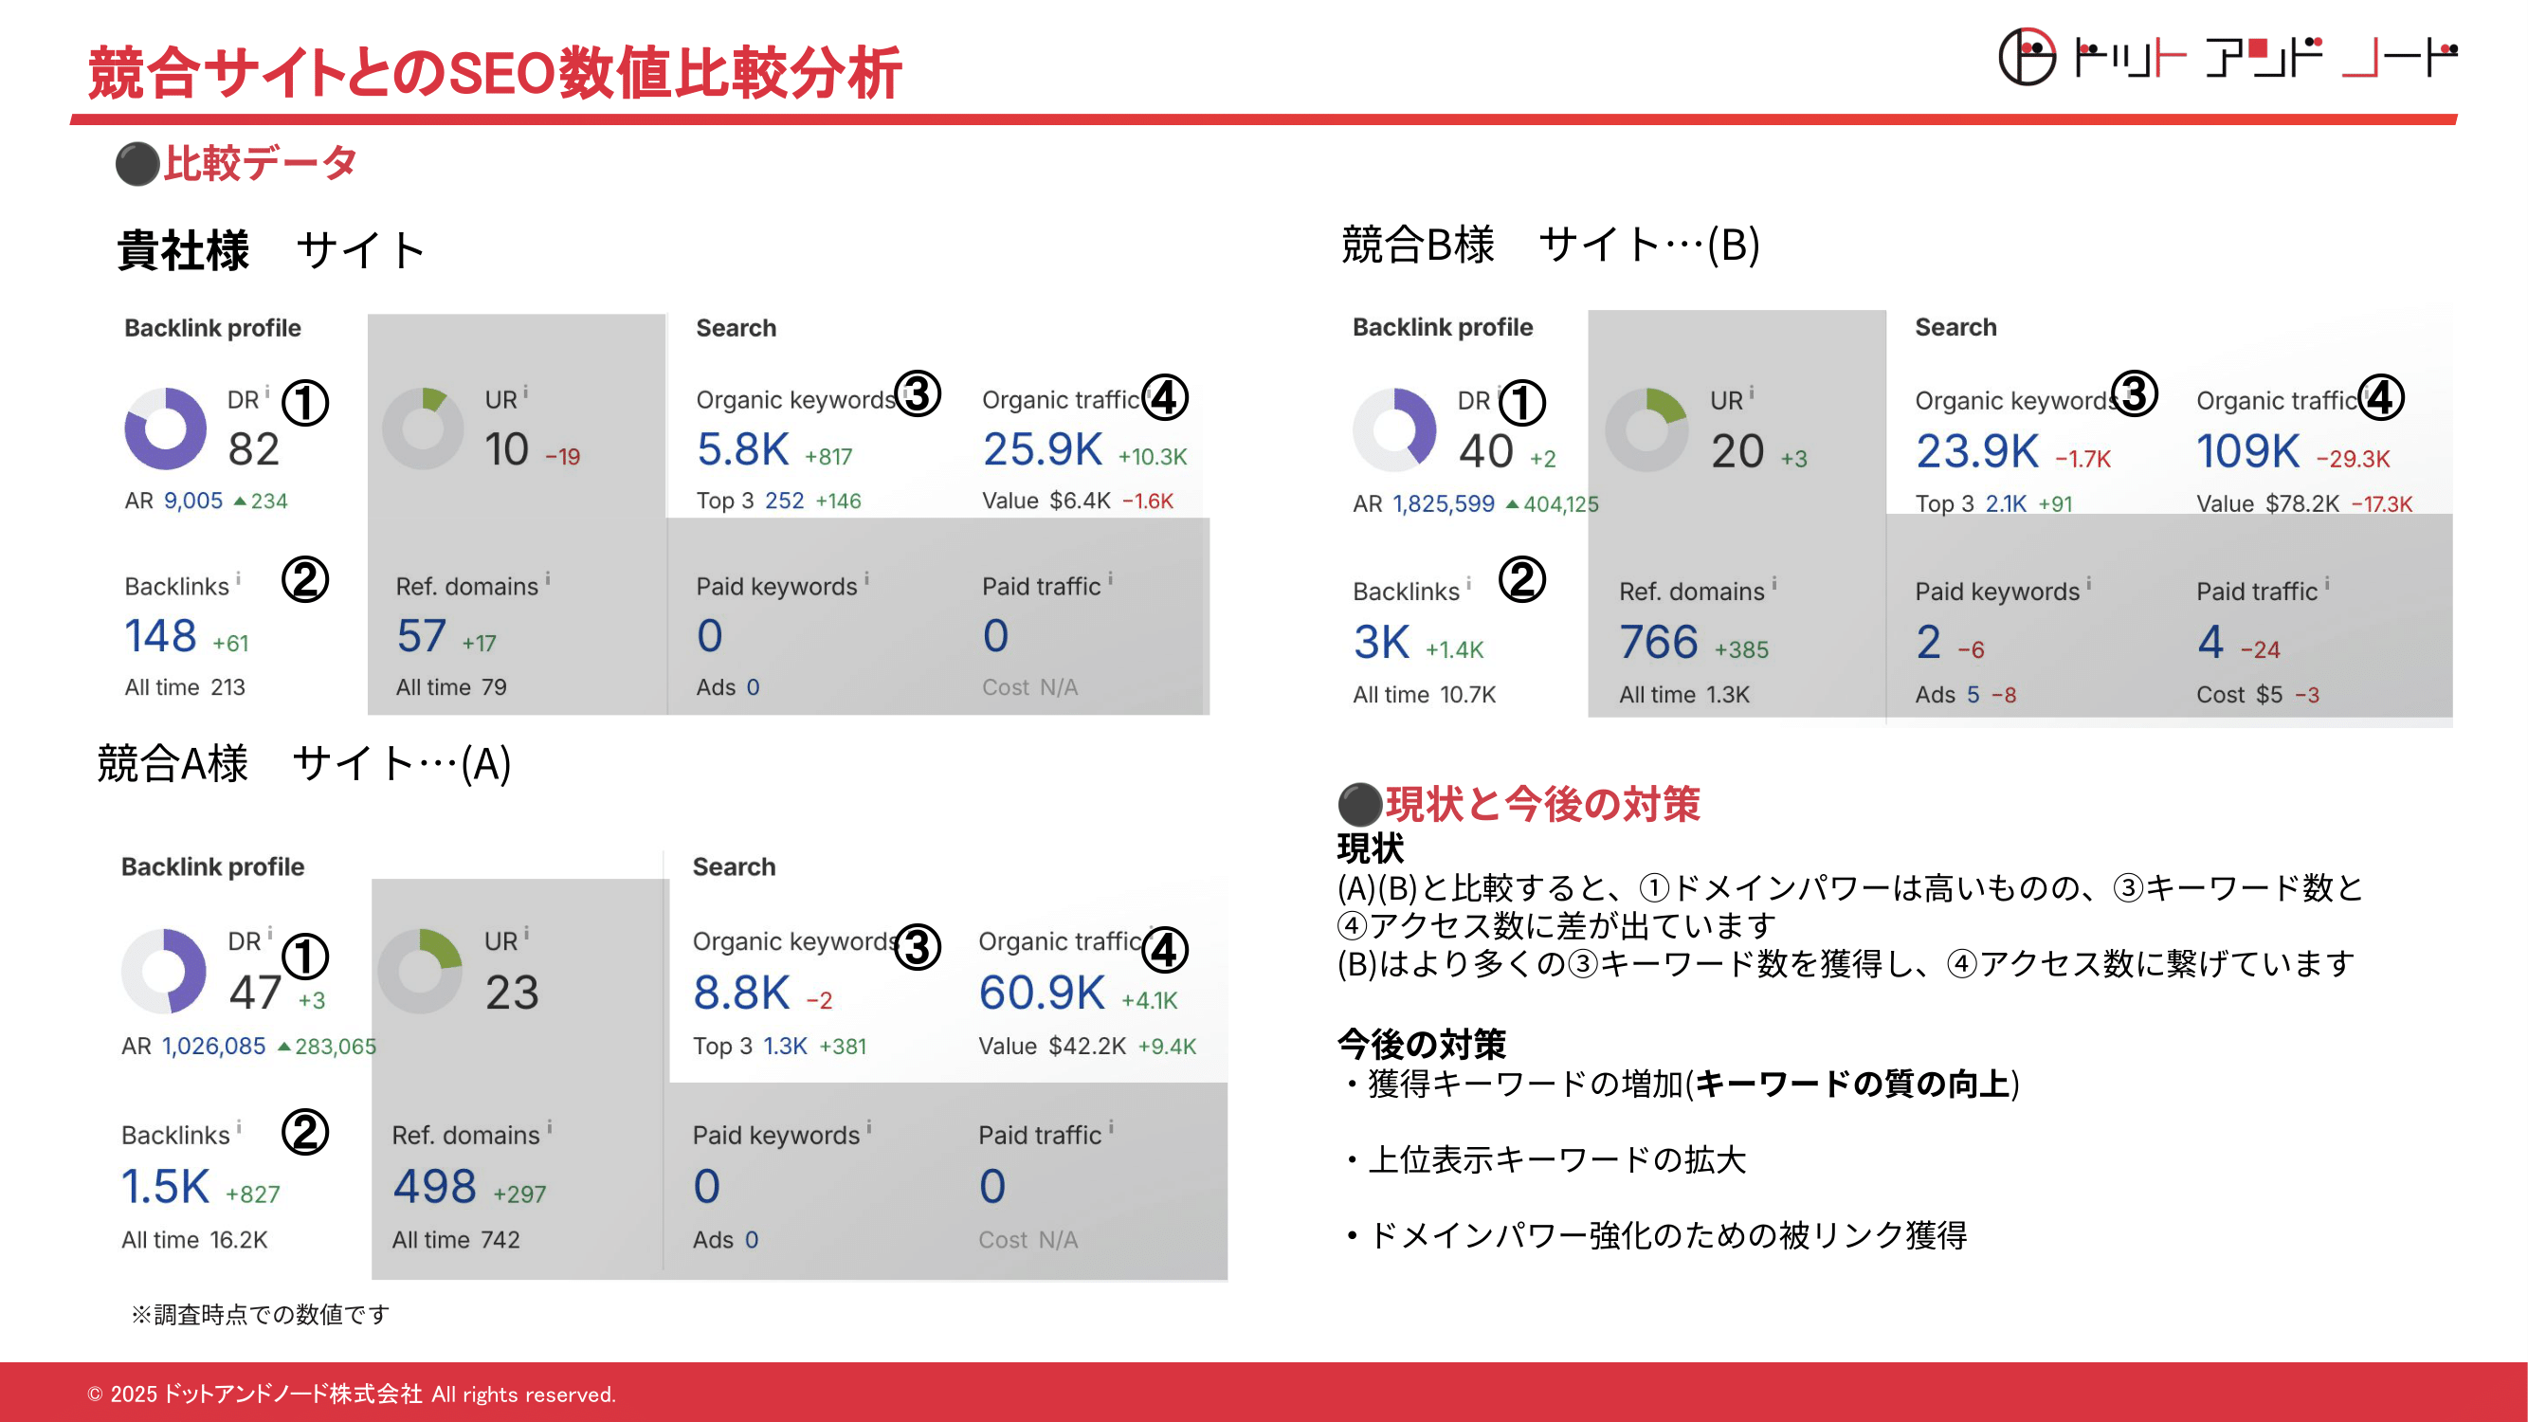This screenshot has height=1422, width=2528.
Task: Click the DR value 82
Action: pyautogui.click(x=253, y=449)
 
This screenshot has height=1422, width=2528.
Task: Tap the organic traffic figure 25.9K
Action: pyautogui.click(x=1043, y=449)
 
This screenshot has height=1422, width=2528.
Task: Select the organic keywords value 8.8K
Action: pyautogui.click(x=741, y=993)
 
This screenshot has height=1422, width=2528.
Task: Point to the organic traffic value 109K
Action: pyautogui.click(x=2247, y=451)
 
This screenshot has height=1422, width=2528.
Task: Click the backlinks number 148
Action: pyautogui.click(x=161, y=636)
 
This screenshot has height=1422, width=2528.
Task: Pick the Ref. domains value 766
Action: pyautogui.click(x=1659, y=642)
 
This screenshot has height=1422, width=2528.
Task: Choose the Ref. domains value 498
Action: pyautogui.click(x=435, y=1187)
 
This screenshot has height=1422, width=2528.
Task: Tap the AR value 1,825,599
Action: pyautogui.click(x=1444, y=503)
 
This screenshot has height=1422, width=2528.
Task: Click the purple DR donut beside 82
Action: pyautogui.click(x=166, y=428)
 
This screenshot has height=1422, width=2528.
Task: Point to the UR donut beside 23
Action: pyautogui.click(x=420, y=971)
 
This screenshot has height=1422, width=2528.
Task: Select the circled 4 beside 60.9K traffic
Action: pyautogui.click(x=1165, y=949)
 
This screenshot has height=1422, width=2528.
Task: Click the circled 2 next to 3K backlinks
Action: pyautogui.click(x=1522, y=579)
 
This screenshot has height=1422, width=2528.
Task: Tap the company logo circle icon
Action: pyautogui.click(x=2028, y=57)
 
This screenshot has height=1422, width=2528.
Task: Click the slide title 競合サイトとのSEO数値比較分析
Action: pyautogui.click(x=496, y=74)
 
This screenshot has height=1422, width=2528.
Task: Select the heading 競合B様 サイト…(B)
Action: pyautogui.click(x=1551, y=245)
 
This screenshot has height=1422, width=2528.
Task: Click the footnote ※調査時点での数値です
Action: pyautogui.click(x=260, y=1313)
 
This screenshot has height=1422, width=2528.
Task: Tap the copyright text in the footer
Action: pyautogui.click(x=352, y=1394)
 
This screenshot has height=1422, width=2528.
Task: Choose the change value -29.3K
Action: pyautogui.click(x=2354, y=458)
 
